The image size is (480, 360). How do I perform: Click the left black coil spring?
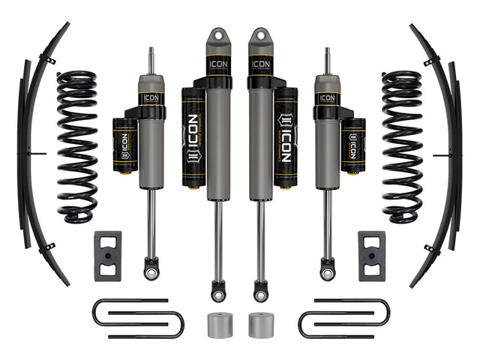[x=78, y=146]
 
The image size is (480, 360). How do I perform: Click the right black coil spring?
[x=402, y=146]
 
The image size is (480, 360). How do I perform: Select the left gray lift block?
[x=107, y=256]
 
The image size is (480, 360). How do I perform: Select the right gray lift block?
[x=372, y=256]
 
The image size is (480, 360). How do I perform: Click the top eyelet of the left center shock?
[x=219, y=37]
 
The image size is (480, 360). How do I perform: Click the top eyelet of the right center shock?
[x=260, y=37]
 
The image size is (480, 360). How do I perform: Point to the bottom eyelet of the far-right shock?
[x=327, y=266]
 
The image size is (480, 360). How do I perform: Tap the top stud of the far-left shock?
[x=152, y=61]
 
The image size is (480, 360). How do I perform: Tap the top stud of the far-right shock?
[x=327, y=61]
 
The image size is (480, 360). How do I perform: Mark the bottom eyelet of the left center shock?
[x=218, y=288]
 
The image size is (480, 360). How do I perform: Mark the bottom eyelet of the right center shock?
[x=261, y=288]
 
